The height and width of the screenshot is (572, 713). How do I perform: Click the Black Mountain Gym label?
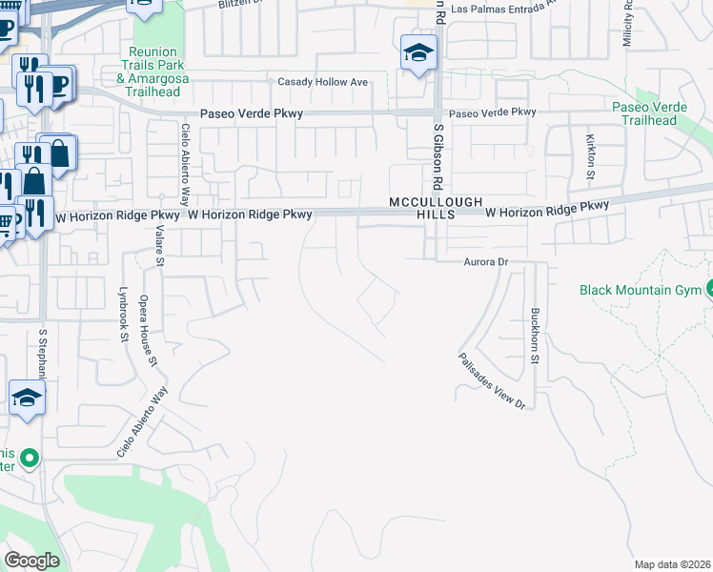pos(641,290)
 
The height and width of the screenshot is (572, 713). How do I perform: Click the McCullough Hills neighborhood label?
pos(422,209)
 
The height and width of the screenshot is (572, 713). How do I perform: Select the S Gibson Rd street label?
pos(439,153)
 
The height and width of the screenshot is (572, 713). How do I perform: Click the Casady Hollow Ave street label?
pos(322,82)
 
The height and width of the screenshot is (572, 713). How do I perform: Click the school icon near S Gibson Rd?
pos(418,53)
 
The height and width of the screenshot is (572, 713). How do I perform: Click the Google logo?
pos(31,561)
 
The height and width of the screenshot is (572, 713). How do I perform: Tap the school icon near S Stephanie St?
pos(28,398)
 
